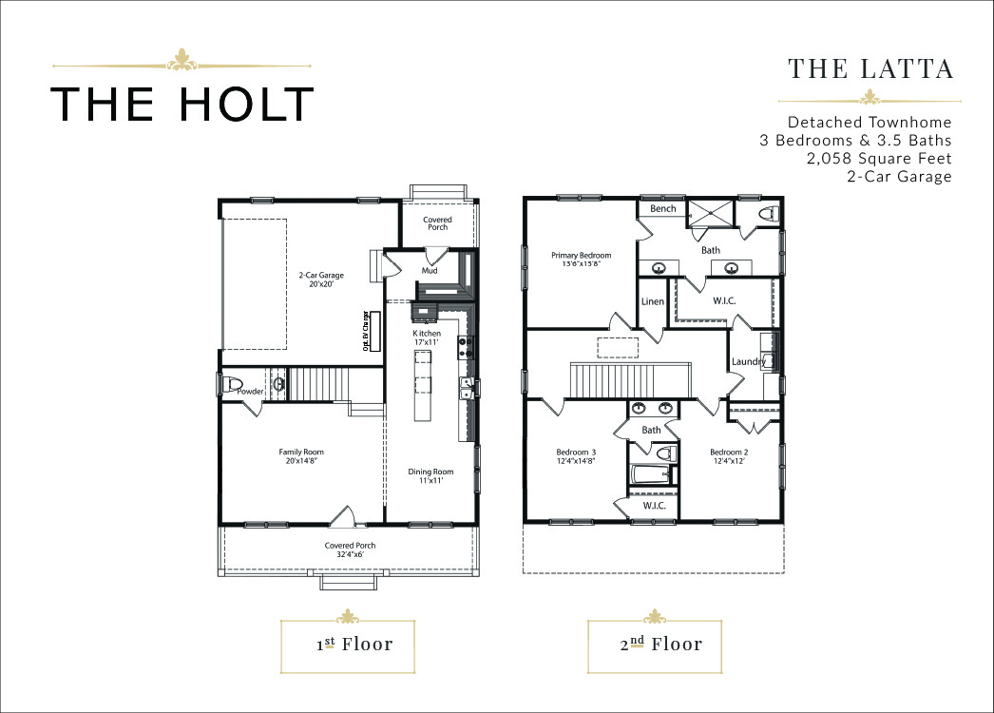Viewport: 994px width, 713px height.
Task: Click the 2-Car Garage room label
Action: (x=321, y=279)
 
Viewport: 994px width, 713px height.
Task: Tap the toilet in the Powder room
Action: (x=232, y=385)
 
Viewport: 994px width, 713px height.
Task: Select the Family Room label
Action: (x=301, y=456)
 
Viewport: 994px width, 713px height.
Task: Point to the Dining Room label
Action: (x=430, y=475)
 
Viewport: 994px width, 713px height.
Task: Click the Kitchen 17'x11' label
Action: (x=427, y=337)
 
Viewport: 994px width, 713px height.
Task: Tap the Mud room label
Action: (x=430, y=270)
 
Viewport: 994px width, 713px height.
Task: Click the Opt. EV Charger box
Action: (x=374, y=331)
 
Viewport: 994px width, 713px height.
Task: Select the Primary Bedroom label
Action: (x=582, y=259)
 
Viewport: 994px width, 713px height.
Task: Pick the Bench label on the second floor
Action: (x=663, y=209)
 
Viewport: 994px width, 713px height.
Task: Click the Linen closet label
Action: (x=652, y=301)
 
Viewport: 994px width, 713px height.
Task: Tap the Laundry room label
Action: (x=749, y=361)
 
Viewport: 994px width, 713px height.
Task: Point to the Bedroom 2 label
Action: (x=729, y=456)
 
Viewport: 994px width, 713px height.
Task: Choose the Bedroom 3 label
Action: (x=576, y=456)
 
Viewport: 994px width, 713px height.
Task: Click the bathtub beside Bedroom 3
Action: (x=651, y=474)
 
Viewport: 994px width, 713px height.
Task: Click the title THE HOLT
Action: (x=182, y=104)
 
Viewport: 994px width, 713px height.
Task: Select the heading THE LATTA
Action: (x=870, y=68)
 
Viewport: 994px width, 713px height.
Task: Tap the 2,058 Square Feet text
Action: (x=879, y=158)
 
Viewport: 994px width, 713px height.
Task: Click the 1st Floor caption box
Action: (x=348, y=646)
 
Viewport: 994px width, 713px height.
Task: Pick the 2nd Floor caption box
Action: (x=655, y=646)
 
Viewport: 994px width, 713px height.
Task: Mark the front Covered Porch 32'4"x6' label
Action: (x=350, y=549)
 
